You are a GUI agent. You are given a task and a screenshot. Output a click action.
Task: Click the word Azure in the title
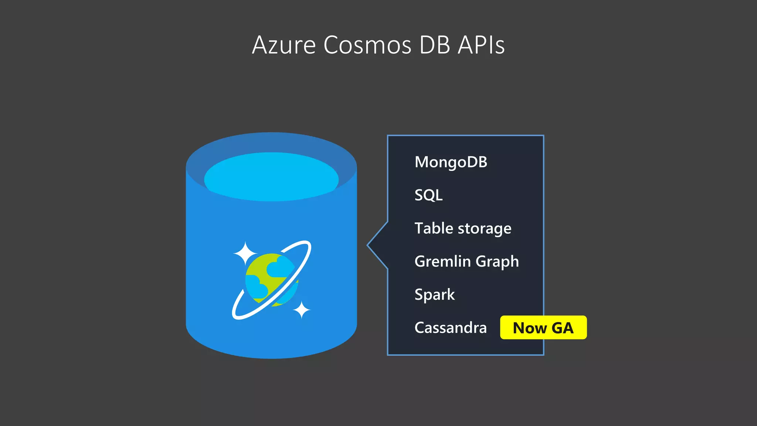pos(284,45)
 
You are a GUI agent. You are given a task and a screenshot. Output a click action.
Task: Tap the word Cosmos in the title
pos(367,45)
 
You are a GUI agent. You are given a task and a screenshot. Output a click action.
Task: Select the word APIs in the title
pos(481,45)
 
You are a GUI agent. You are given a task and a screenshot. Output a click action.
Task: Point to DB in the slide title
pos(435,45)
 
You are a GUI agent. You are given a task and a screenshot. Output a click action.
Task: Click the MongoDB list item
pos(451,162)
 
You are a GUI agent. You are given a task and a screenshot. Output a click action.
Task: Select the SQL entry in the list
pos(428,195)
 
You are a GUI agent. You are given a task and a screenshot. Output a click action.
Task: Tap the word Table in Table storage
pos(434,228)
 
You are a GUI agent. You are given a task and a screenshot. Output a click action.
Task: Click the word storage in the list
pos(485,229)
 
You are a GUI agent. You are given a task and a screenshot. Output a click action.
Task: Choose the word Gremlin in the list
pos(442,261)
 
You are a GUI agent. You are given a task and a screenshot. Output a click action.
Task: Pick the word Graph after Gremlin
pos(497,262)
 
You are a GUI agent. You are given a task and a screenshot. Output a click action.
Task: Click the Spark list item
pos(434,294)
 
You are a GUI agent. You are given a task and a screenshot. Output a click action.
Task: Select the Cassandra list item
pos(450,328)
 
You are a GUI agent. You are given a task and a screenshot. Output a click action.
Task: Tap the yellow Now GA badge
pos(543,328)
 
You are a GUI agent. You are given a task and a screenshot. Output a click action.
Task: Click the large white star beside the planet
pos(245,253)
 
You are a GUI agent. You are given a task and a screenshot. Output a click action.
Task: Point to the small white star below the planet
pos(302,310)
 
